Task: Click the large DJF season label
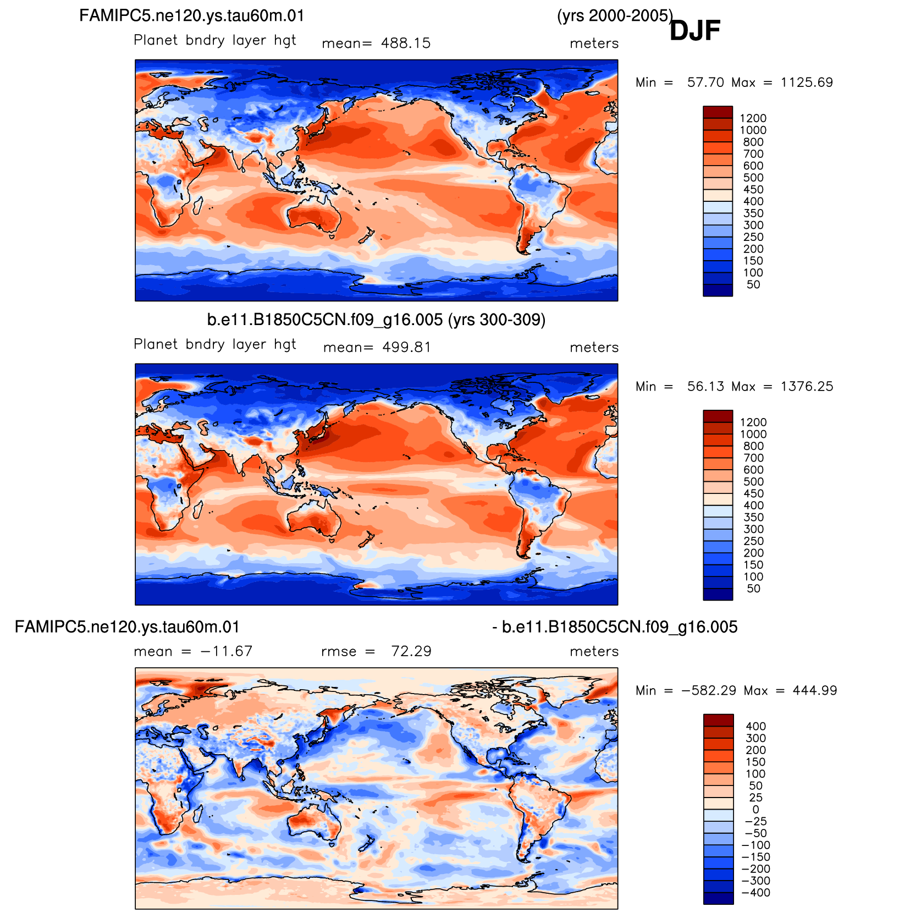[x=695, y=30]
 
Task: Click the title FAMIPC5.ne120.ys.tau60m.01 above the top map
[x=192, y=15]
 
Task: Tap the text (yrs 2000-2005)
[x=615, y=16]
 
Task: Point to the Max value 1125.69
[x=807, y=83]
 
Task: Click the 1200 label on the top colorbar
[x=753, y=118]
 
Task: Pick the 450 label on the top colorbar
[x=753, y=190]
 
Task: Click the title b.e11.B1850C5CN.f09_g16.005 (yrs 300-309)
[x=376, y=320]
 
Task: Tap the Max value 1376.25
[x=807, y=387]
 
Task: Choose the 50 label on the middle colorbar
[x=753, y=589]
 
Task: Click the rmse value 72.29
[x=411, y=651]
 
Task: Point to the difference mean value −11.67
[x=227, y=651]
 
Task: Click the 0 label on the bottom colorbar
[x=755, y=810]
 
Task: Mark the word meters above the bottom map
[x=594, y=651]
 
